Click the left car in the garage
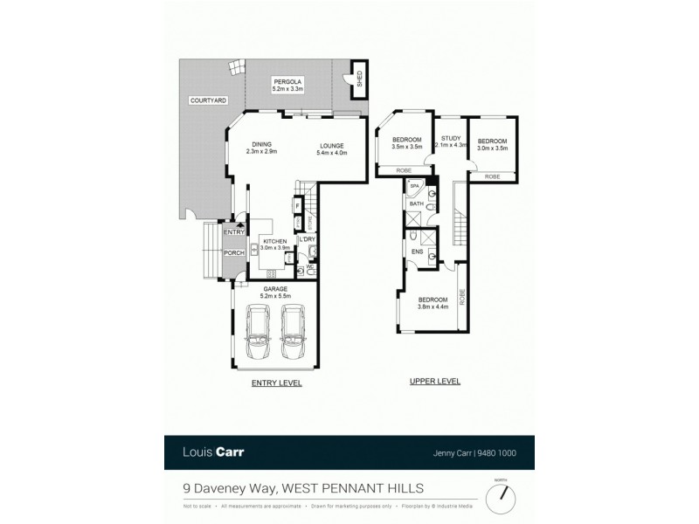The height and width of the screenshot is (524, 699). point(260,332)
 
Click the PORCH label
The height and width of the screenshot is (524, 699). point(233,253)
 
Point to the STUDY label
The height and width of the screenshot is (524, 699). point(451,138)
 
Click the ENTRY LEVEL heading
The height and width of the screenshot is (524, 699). point(275,383)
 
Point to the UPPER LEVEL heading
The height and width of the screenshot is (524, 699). point(434,383)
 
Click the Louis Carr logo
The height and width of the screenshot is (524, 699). point(214,452)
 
